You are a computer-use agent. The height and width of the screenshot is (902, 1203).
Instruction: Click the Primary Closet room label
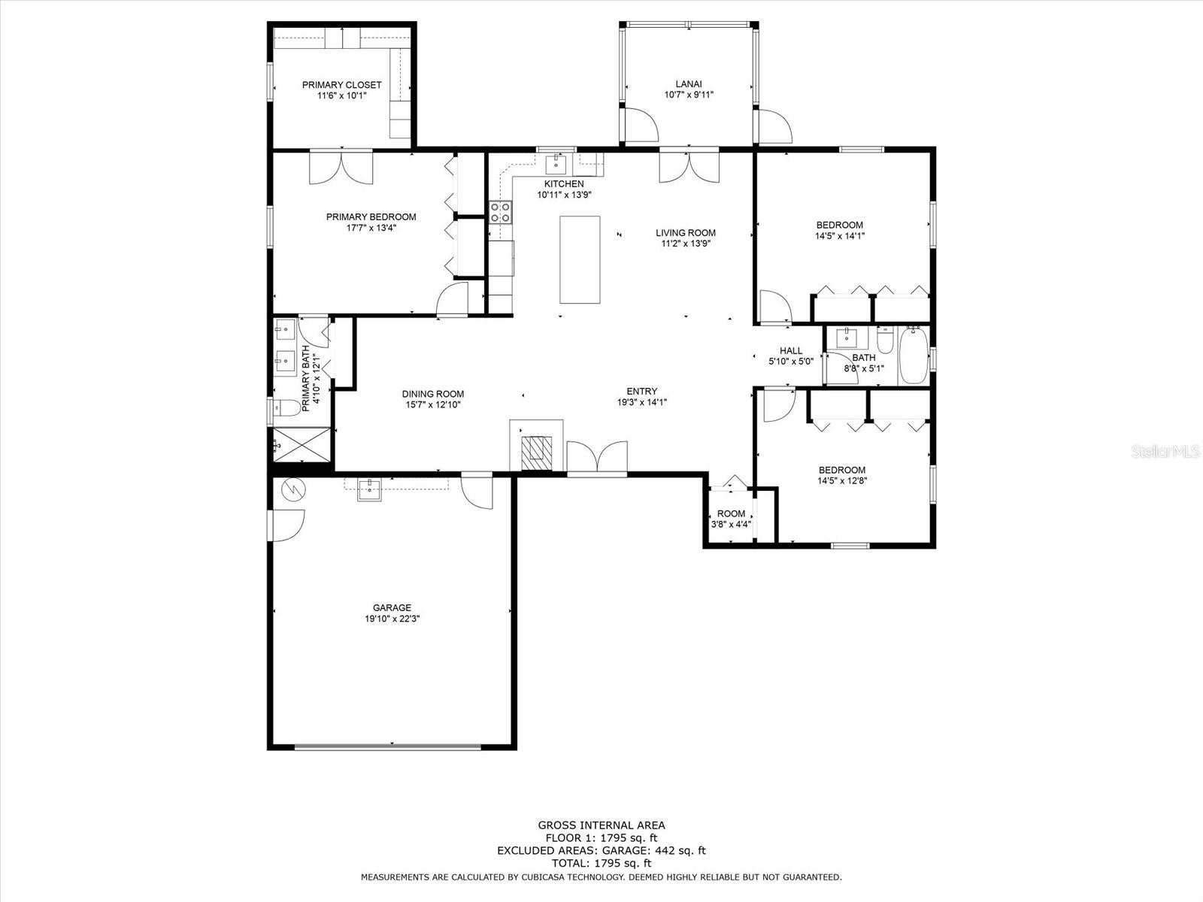[x=341, y=85]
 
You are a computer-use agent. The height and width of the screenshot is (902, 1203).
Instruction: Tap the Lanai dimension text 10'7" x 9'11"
[x=689, y=95]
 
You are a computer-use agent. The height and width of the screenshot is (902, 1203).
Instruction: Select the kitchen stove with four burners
[x=501, y=212]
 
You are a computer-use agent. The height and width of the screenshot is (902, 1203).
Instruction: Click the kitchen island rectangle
[x=580, y=259]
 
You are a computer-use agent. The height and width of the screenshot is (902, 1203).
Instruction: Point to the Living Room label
[x=686, y=233]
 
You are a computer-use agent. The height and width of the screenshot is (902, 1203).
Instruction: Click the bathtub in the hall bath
[x=914, y=356]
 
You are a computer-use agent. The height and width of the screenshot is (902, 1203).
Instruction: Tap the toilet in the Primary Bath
[x=286, y=407]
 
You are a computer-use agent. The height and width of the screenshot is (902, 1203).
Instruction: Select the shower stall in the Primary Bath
[x=302, y=445]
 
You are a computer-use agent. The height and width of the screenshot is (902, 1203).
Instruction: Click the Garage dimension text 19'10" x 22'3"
[x=392, y=619]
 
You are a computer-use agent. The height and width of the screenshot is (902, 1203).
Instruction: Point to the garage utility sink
[x=369, y=489]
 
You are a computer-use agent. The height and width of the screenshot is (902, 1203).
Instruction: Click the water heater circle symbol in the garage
[x=294, y=489]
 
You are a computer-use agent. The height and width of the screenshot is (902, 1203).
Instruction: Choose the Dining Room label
[x=433, y=394]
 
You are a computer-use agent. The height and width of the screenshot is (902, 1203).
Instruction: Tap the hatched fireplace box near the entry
[x=537, y=453]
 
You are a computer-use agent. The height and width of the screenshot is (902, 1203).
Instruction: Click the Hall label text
[x=791, y=350]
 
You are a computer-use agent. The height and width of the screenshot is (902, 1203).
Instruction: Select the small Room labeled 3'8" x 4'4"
[x=731, y=518]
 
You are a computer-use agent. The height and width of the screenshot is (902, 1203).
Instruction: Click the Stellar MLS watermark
[x=1165, y=451]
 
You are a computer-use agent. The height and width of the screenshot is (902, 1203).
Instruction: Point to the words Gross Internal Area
[x=601, y=825]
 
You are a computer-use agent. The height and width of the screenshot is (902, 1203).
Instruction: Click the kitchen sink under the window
[x=556, y=164]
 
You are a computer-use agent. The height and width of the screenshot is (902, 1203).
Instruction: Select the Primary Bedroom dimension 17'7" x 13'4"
[x=371, y=228]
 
